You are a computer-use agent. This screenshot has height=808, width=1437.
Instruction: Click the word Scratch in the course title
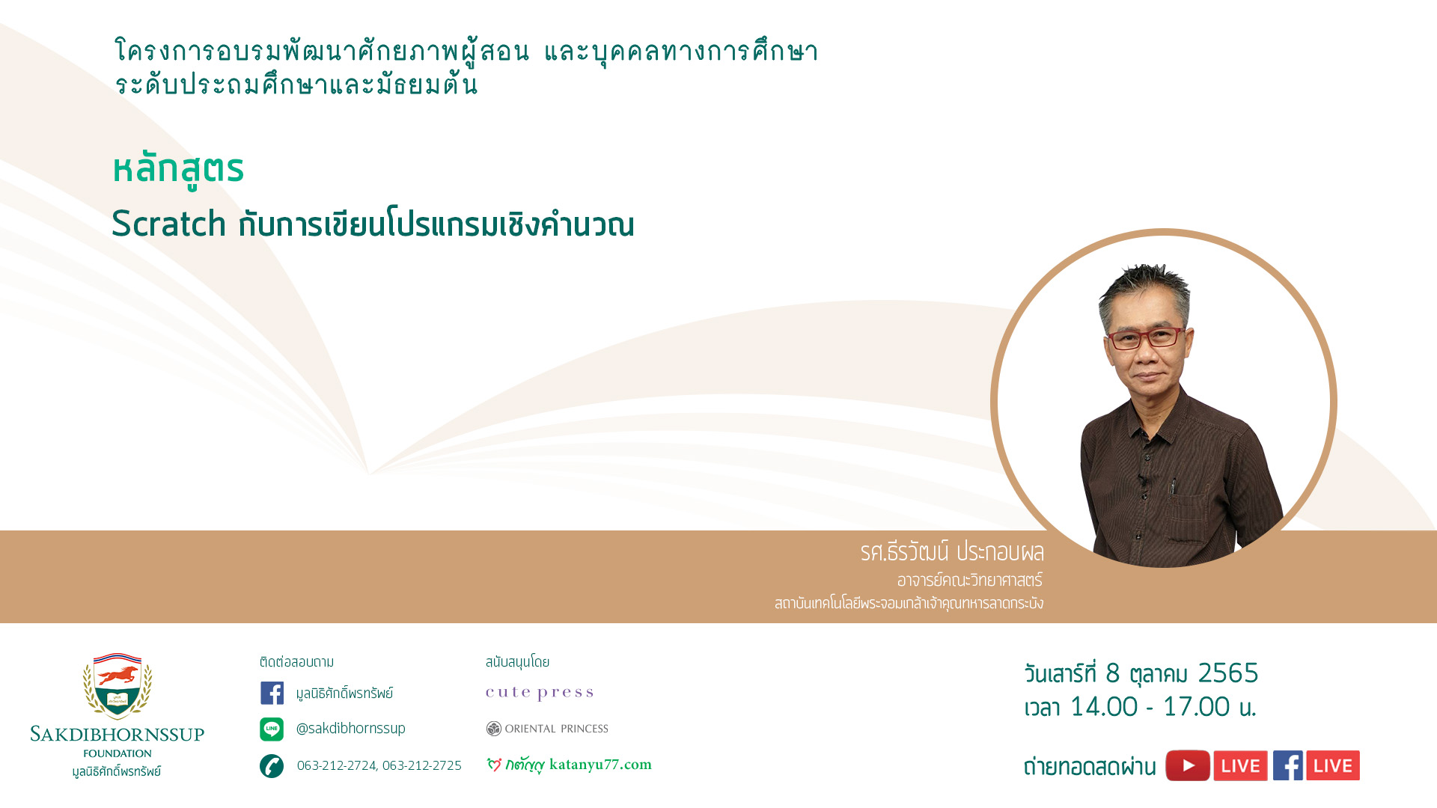coord(169,224)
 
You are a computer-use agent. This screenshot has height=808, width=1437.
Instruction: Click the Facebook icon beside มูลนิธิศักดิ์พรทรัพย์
coord(272,693)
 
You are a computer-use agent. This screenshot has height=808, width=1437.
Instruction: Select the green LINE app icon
coord(272,729)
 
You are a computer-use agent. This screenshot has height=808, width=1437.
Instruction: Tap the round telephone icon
coord(272,765)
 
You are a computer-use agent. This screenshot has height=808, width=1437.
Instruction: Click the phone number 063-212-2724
coord(336,765)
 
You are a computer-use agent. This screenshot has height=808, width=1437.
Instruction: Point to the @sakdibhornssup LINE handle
coord(350,728)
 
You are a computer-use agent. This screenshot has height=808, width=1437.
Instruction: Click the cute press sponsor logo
coord(539,693)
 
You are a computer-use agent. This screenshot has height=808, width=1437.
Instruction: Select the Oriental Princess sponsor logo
coord(547,729)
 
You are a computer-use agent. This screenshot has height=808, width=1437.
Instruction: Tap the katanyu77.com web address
coord(600,764)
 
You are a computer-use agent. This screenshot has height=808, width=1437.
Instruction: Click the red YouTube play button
coord(1188,765)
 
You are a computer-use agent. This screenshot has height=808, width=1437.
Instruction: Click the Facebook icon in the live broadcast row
coord(1287,765)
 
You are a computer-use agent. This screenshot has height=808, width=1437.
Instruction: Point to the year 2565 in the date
coord(1228,673)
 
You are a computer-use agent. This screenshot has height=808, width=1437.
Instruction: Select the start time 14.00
coord(1104,706)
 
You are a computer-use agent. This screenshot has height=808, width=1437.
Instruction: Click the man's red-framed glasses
coord(1145,338)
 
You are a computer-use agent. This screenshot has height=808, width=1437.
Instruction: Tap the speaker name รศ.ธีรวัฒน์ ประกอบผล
coord(952,552)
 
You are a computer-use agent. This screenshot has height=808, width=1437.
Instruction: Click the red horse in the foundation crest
coord(118,676)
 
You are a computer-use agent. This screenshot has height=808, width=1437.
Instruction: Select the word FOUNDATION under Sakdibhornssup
coord(118,753)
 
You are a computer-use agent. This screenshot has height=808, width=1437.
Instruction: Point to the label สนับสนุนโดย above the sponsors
coord(517,662)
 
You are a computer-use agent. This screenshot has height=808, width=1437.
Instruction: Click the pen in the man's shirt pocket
coord(1173,486)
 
